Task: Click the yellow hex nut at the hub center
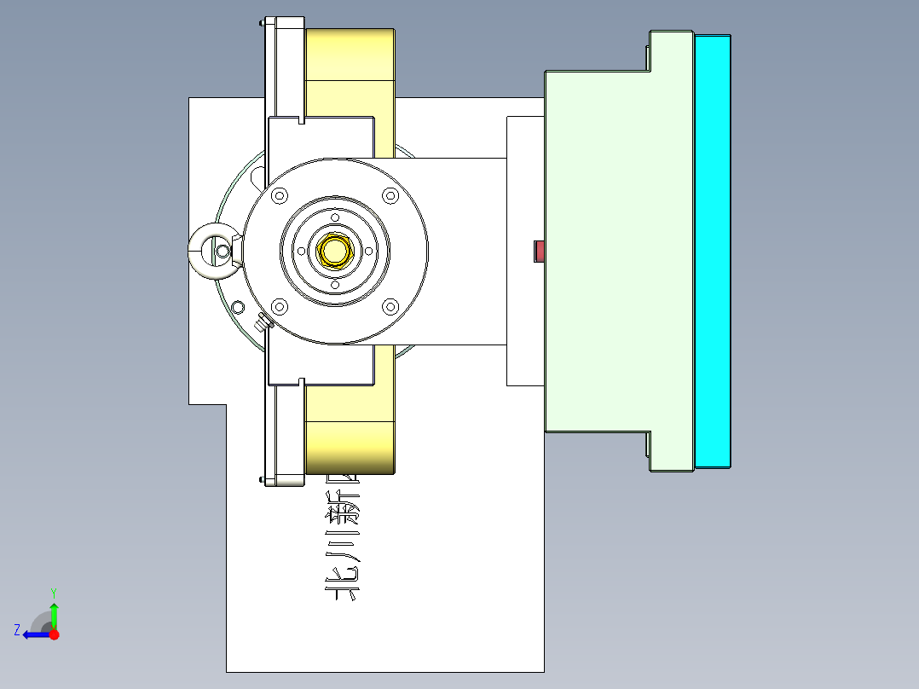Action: click(335, 251)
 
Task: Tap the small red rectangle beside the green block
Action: click(539, 252)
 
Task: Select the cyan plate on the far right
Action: click(713, 252)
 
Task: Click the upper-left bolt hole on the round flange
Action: click(279, 196)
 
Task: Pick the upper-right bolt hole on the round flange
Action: click(390, 196)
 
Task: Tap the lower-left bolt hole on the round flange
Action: click(279, 306)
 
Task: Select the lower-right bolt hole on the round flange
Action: click(390, 306)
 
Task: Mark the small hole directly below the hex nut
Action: click(335, 286)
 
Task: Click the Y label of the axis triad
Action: click(53, 592)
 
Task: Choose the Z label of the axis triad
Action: click(17, 630)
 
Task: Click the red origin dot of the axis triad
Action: click(54, 634)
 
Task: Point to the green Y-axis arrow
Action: click(54, 614)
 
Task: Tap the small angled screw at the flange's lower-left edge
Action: click(263, 321)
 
